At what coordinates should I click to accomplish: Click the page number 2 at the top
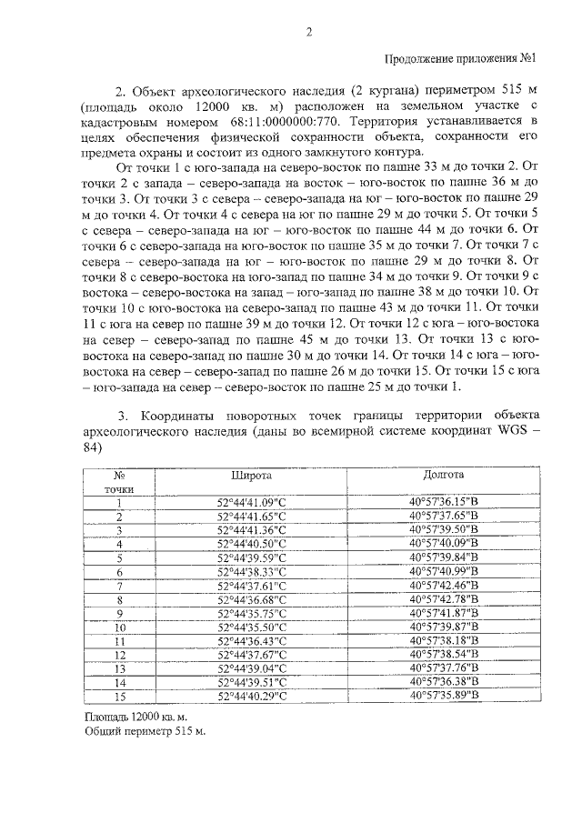pyautogui.click(x=308, y=34)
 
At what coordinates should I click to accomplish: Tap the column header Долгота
pyautogui.click(x=443, y=475)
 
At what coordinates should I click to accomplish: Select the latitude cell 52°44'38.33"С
pyautogui.click(x=251, y=571)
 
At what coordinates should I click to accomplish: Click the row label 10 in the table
pyautogui.click(x=119, y=627)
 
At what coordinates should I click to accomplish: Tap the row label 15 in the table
pyautogui.click(x=119, y=696)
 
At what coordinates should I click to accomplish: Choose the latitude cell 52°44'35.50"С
pyautogui.click(x=251, y=627)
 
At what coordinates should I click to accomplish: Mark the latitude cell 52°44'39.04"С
pyautogui.click(x=251, y=668)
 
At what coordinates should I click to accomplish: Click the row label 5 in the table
pyautogui.click(x=119, y=557)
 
